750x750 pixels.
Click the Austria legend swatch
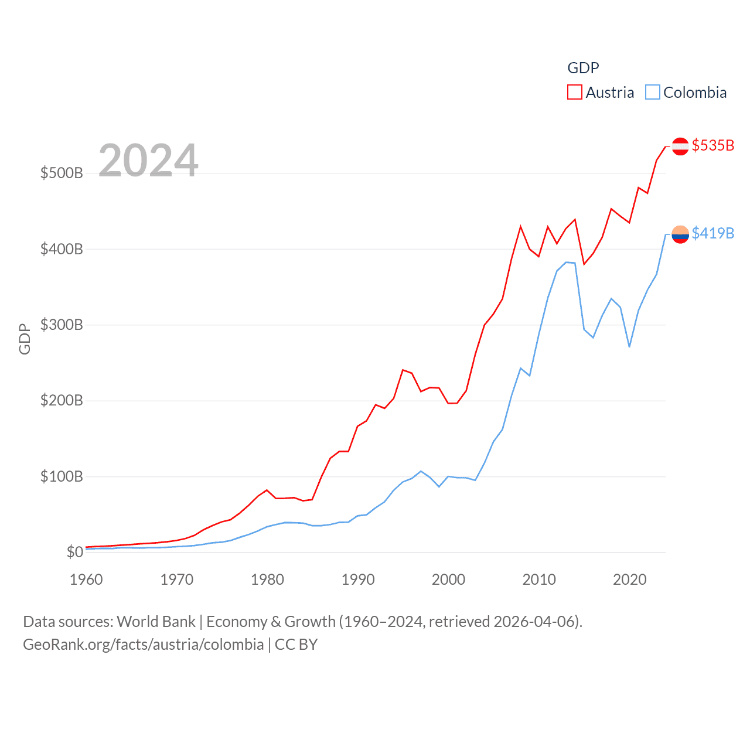point(574,93)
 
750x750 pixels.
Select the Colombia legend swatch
point(653,93)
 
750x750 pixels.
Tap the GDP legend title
point(583,68)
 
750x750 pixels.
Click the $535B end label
point(712,145)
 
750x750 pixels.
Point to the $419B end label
point(712,233)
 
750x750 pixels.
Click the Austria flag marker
point(680,146)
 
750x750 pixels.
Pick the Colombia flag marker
point(680,234)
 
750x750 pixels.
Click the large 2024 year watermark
point(148,161)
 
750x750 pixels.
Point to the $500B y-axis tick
point(62,173)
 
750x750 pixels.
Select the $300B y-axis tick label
point(62,325)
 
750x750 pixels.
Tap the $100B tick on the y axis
point(62,476)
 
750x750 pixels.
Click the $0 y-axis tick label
point(74,552)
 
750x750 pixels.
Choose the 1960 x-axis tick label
point(86,580)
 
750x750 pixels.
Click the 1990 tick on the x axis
point(358,580)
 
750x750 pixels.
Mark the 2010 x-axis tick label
point(539,580)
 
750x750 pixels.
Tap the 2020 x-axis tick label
point(630,580)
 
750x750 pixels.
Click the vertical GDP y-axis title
point(25,339)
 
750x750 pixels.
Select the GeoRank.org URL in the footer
point(143,645)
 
